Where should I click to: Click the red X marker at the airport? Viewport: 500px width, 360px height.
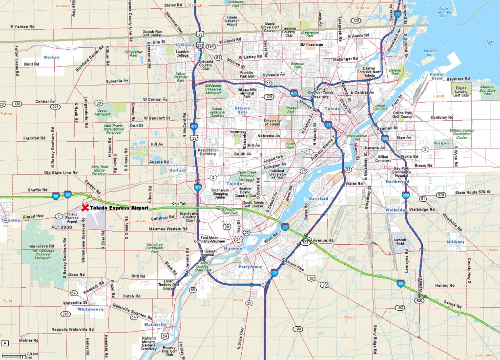(85, 208)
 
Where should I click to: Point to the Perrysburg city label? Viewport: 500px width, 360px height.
(250, 268)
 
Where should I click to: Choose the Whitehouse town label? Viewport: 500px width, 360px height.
(90, 309)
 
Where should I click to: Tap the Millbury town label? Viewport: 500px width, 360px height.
(456, 242)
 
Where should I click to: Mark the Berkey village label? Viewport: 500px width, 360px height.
(51, 57)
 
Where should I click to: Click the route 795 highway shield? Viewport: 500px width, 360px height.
(305, 243)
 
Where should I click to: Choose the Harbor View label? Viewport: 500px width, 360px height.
(437, 76)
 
